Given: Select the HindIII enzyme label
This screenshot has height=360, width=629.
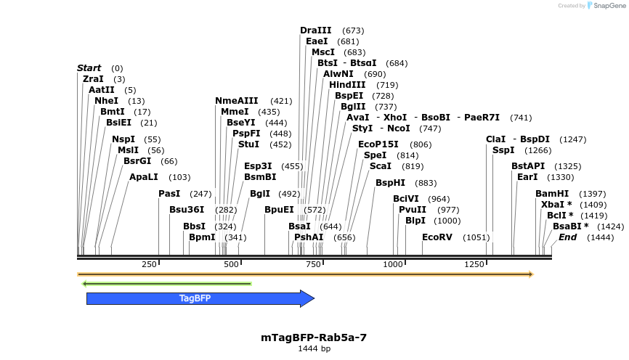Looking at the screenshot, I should [347, 85].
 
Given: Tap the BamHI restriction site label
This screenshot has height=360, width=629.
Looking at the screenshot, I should [551, 194].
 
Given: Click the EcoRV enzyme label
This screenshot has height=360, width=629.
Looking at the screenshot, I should [437, 237].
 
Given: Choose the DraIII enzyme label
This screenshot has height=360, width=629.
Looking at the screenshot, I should [315, 30].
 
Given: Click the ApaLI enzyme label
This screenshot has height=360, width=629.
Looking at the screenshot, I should [143, 177].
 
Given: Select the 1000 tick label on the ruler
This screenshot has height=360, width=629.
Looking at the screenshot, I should [393, 264].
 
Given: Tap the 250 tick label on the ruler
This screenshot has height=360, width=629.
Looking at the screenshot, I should [150, 264].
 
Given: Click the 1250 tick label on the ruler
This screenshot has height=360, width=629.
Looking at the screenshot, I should [474, 264].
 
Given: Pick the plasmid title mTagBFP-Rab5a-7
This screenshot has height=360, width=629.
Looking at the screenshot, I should [314, 337].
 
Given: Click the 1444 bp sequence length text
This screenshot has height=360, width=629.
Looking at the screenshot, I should [314, 349].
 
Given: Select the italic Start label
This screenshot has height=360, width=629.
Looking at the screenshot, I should [89, 68].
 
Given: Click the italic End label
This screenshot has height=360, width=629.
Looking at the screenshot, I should [567, 237].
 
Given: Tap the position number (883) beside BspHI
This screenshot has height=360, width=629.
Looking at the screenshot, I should [426, 183].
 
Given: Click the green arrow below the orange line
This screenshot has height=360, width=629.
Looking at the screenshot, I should [166, 283].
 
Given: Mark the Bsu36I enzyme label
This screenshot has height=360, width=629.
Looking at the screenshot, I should [187, 210].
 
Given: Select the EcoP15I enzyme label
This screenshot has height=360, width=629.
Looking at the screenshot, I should [378, 144].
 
